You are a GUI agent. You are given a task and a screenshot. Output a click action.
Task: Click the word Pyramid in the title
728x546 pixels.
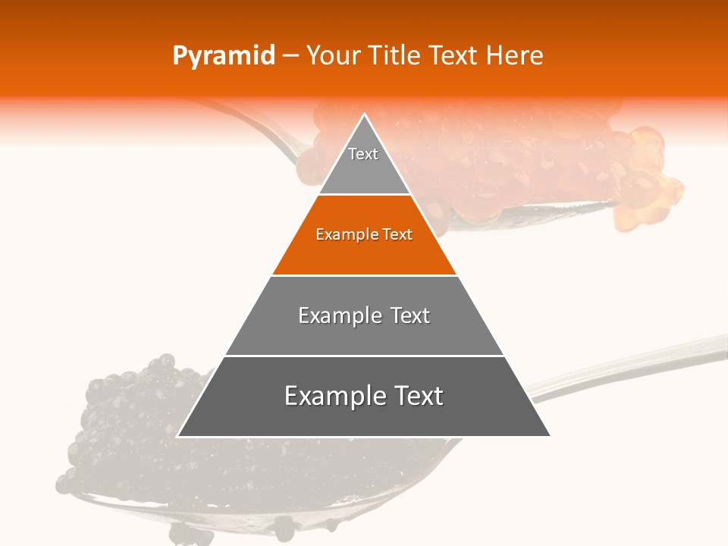(x=223, y=56)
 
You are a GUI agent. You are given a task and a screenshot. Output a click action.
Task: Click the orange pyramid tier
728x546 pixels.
(x=364, y=250)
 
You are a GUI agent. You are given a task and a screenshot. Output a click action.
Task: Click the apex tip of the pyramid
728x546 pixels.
(x=365, y=116)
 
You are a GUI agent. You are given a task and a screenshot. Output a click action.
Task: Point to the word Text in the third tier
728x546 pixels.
(x=411, y=315)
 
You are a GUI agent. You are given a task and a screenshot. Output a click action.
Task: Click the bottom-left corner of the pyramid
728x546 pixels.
(x=179, y=435)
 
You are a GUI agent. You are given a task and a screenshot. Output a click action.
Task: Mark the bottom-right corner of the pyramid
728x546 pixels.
(x=549, y=435)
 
